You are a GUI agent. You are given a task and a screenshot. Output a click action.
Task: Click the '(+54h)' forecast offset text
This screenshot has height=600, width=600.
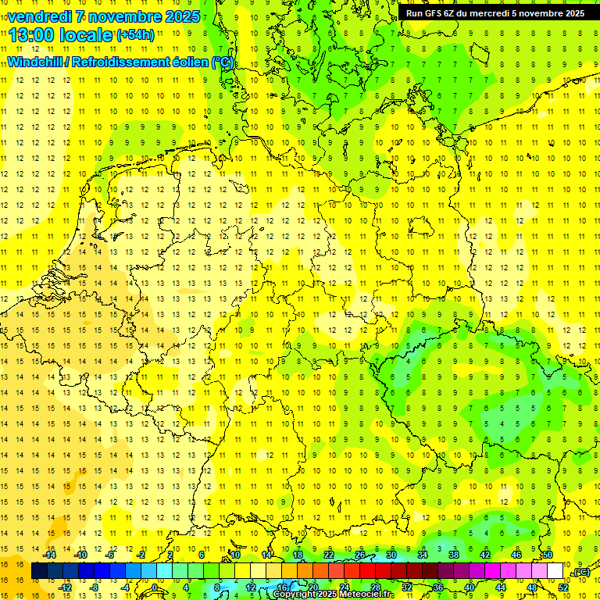[135, 35]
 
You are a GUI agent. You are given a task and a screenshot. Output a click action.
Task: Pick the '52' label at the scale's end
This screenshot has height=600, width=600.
[563, 587]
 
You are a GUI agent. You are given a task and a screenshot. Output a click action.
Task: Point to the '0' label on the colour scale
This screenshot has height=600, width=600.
[155, 587]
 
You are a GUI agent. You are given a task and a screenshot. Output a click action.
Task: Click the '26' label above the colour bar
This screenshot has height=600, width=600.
[360, 555]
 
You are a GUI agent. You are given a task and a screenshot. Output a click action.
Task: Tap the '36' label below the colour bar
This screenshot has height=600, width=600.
[437, 587]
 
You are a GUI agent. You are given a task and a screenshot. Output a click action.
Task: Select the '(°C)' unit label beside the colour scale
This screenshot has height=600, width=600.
[580, 573]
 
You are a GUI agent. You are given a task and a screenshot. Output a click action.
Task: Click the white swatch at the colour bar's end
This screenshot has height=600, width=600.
[555, 571]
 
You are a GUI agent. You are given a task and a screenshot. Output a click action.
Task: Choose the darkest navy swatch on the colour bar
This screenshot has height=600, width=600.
[39, 571]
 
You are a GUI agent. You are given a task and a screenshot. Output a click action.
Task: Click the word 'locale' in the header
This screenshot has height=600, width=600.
[88, 35]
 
